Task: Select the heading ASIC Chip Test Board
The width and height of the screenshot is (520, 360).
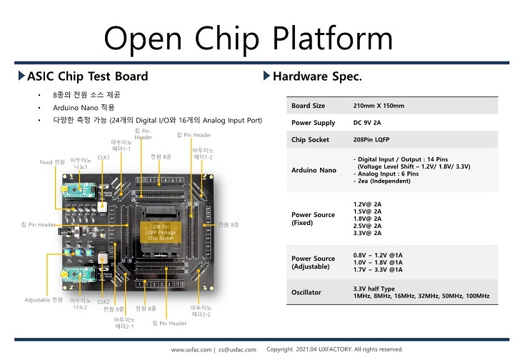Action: (87, 76)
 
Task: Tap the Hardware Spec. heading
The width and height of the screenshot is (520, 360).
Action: (318, 76)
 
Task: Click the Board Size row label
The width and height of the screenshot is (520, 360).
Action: (308, 106)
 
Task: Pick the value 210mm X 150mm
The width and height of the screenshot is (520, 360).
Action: (379, 106)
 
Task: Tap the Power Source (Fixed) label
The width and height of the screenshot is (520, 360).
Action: (313, 219)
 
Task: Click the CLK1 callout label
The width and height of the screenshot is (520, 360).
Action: (104, 157)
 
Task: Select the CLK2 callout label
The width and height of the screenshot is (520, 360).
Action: (104, 302)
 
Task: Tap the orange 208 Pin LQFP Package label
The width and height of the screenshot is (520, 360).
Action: (160, 231)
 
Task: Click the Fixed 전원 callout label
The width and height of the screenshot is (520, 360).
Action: (52, 162)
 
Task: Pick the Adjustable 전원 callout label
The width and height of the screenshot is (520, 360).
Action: (44, 299)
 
